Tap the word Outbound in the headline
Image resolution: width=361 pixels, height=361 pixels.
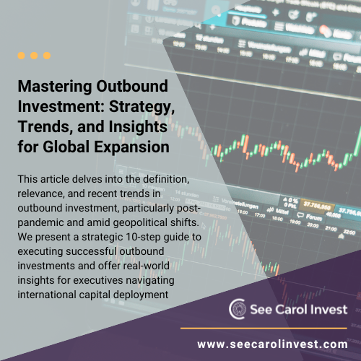point(126,87)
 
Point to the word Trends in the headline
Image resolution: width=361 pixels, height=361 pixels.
point(43,127)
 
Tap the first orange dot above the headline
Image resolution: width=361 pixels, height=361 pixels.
point(22,55)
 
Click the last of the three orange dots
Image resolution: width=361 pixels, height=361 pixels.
point(47,55)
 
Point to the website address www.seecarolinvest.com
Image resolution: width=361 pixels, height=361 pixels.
point(271,344)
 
